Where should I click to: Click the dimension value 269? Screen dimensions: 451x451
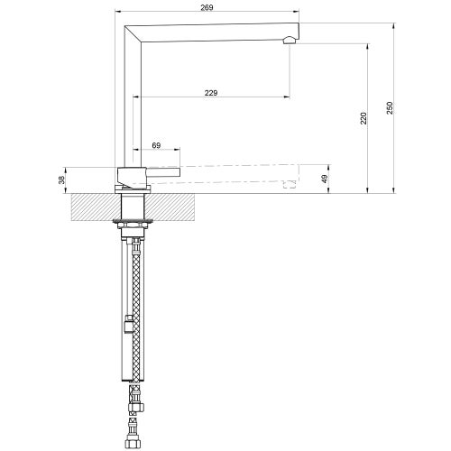tap(208, 8)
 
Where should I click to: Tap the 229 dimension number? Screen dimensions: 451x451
tap(211, 91)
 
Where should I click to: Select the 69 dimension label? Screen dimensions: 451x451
tap(156, 144)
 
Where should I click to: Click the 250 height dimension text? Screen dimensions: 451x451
tap(390, 107)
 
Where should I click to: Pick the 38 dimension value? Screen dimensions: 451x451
tap(61, 179)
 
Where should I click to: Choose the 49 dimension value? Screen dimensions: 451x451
tap(325, 179)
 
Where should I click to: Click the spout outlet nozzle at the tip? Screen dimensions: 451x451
tap(290, 38)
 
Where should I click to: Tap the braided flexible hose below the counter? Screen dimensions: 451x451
tap(136, 307)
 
